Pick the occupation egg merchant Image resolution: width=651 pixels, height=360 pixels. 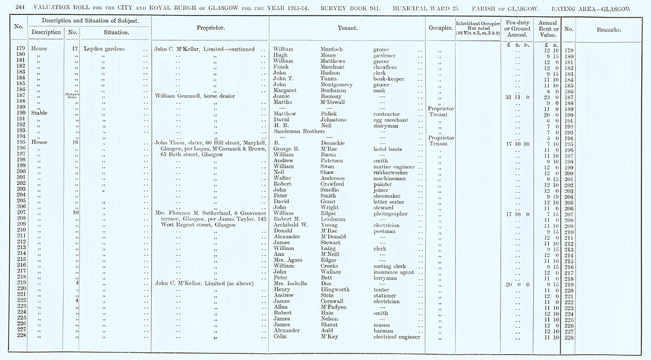pos(393,120)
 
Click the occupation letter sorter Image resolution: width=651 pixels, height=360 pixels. pos(390,202)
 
